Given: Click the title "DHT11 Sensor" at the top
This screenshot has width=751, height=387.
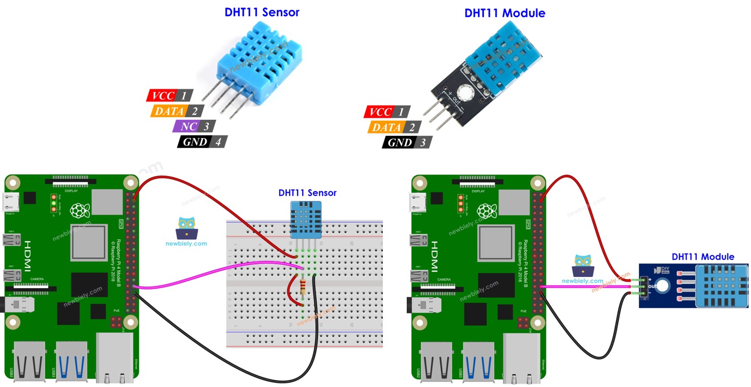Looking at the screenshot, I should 262,12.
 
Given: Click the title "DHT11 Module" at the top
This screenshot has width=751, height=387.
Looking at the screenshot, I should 504,13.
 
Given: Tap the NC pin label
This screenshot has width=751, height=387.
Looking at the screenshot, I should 193,126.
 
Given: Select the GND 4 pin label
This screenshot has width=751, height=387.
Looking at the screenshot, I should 202,142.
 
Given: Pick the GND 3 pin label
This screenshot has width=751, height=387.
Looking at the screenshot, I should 406,143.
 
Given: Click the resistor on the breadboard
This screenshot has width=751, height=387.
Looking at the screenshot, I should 303,288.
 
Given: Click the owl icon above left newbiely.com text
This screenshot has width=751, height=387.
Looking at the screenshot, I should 186,228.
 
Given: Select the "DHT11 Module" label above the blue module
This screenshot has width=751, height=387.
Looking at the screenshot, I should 702,257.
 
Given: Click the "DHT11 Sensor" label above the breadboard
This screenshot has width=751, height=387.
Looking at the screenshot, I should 307,193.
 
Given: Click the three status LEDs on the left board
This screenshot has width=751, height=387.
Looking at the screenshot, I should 53,203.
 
